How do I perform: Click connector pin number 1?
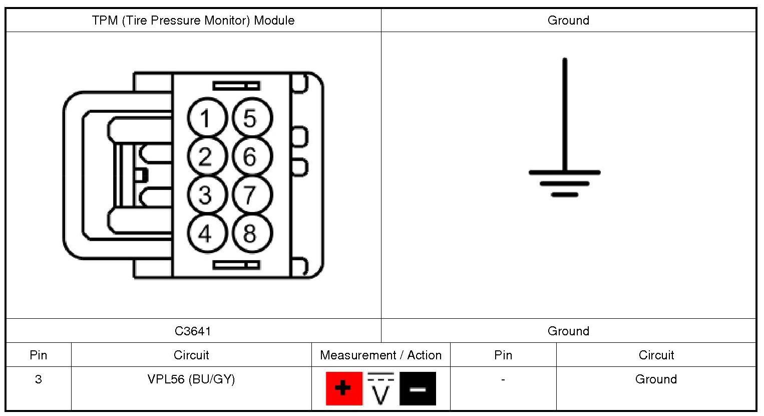[x=207, y=119]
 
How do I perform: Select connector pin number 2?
[x=207, y=157]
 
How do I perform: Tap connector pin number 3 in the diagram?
[x=207, y=195]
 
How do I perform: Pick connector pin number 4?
[x=207, y=233]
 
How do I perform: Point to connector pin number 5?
[x=251, y=119]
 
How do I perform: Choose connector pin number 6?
[x=251, y=157]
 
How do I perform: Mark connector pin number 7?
[x=251, y=195]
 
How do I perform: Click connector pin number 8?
[x=251, y=233]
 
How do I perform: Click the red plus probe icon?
[x=344, y=388]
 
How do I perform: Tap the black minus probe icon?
[x=418, y=388]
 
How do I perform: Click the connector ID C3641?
[x=193, y=331]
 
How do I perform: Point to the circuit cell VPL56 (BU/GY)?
[x=191, y=379]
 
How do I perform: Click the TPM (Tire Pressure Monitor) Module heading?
[x=193, y=21]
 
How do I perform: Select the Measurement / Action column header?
[x=380, y=355]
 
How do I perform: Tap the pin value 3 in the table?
[x=39, y=379]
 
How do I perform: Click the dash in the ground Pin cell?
[x=503, y=379]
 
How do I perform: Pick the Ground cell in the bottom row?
[x=656, y=379]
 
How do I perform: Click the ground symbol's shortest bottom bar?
[x=565, y=194]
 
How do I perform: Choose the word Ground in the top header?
[x=568, y=21]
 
